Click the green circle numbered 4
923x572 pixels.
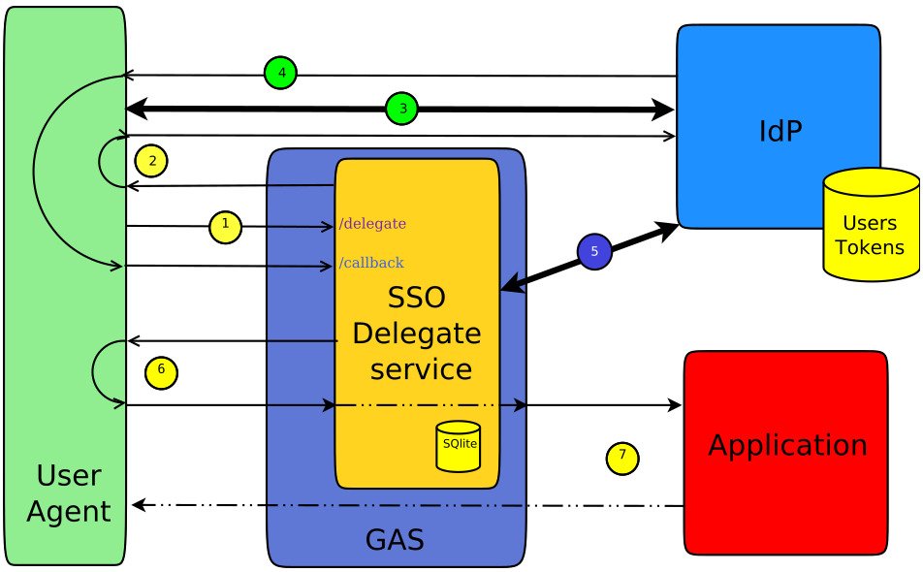pos(280,73)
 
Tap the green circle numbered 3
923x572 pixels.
pos(401,109)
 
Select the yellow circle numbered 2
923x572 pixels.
pos(151,161)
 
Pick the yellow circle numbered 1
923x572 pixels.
pos(225,227)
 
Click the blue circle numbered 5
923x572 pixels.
pos(594,251)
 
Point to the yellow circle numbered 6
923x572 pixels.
pos(161,371)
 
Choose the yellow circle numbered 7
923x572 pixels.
pos(622,458)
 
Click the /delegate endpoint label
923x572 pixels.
pos(372,225)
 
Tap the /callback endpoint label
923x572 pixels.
pos(370,263)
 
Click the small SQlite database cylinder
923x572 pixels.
pos(458,446)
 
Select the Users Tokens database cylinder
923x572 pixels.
pos(870,225)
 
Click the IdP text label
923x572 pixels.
pos(780,131)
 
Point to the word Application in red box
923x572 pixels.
pos(787,445)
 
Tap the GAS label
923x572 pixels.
pos(395,539)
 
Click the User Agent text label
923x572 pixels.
pos(68,493)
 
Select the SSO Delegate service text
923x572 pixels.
pos(416,334)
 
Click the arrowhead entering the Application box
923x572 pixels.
pos(676,405)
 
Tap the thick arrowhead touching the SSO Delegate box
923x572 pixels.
pos(510,285)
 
